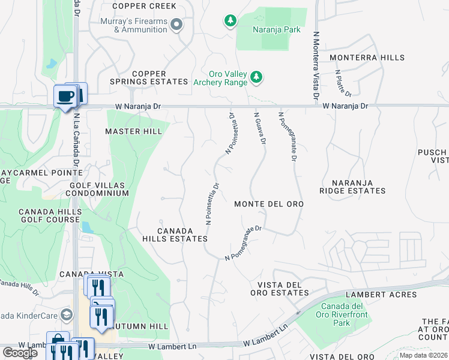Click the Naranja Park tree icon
click(230, 22)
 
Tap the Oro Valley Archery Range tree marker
click(256, 77)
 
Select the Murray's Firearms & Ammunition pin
click(176, 25)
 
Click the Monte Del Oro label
click(269, 204)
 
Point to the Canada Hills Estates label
click(175, 235)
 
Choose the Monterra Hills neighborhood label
click(367, 58)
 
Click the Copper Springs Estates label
click(149, 77)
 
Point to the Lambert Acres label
click(390, 295)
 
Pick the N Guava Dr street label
click(259, 128)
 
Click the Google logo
click(20, 353)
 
